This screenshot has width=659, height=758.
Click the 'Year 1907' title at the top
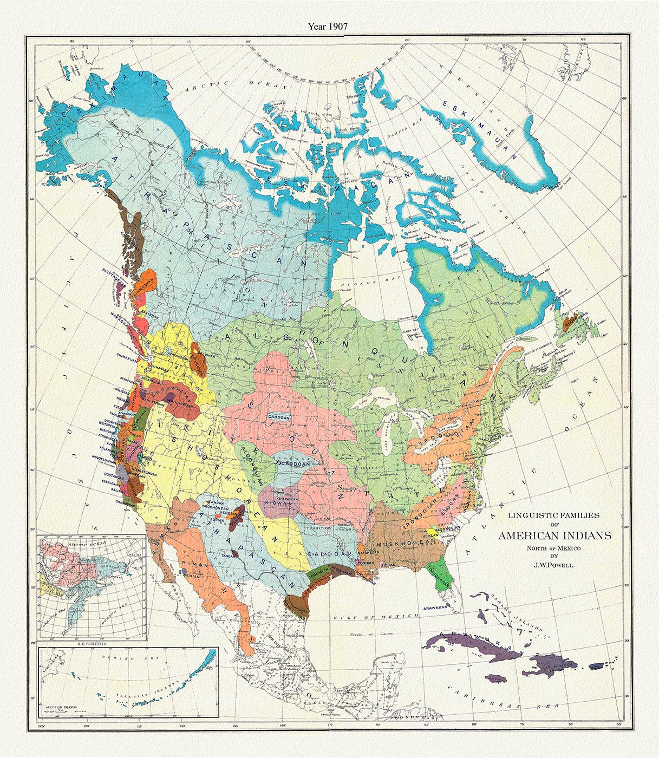(x=328, y=26)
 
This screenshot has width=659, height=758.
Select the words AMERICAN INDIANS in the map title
(x=554, y=536)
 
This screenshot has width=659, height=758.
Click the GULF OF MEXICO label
(x=376, y=616)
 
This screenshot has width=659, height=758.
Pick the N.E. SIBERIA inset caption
(x=91, y=643)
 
